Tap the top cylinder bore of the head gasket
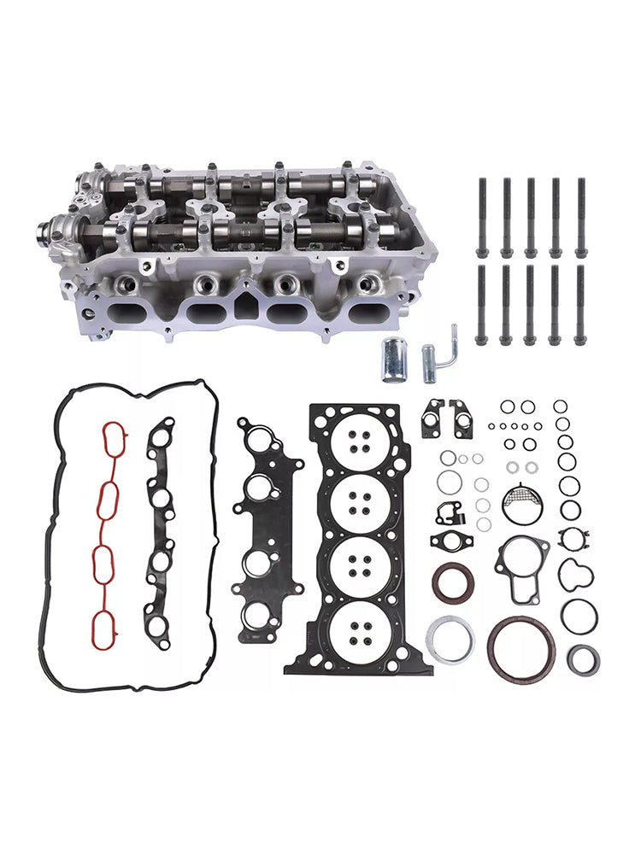tap(359, 442)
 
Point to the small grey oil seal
tap(584, 658)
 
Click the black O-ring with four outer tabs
tap(571, 540)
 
